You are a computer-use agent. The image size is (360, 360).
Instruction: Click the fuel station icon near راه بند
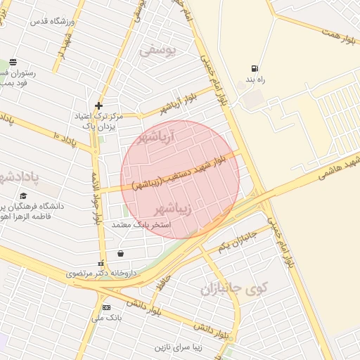pyautogui.click(x=253, y=69)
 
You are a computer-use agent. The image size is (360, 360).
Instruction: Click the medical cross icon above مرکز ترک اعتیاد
pyautogui.click(x=98, y=105)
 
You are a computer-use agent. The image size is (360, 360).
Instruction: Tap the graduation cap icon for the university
pyautogui.click(x=23, y=196)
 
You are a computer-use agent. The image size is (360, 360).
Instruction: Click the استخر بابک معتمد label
pyautogui.click(x=137, y=225)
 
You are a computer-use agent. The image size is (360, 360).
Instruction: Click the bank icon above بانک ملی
pyautogui.click(x=106, y=307)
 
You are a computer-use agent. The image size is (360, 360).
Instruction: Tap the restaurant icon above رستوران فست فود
pyautogui.click(x=13, y=62)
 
